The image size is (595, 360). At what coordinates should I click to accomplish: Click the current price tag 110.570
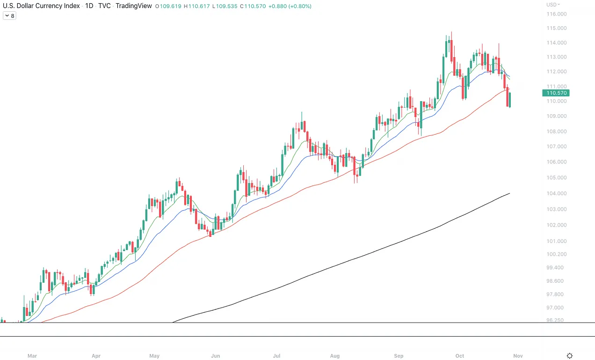pyautogui.click(x=556, y=93)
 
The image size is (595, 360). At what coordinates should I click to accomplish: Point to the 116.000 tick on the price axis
pyautogui.click(x=557, y=14)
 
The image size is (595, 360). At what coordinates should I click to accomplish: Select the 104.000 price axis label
pyautogui.click(x=557, y=193)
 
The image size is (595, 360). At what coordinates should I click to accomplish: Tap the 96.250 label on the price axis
pyautogui.click(x=557, y=320)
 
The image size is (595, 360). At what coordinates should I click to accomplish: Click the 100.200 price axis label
pyautogui.click(x=557, y=254)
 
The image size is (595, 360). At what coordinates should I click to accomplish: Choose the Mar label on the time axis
pyautogui.click(x=32, y=356)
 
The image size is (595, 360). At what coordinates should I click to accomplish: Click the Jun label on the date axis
pyautogui.click(x=216, y=356)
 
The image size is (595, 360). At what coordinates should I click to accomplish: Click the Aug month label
pyautogui.click(x=334, y=356)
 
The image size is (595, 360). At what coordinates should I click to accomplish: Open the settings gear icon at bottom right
pyautogui.click(x=570, y=356)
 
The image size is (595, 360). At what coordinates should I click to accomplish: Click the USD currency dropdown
pyautogui.click(x=553, y=5)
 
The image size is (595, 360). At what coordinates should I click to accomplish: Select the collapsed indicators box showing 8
pyautogui.click(x=9, y=16)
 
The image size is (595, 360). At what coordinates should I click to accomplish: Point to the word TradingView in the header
pyautogui.click(x=134, y=6)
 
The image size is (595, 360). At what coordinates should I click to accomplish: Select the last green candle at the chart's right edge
pyautogui.click(x=509, y=100)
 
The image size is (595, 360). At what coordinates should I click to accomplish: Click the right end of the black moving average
pyautogui.click(x=509, y=193)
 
